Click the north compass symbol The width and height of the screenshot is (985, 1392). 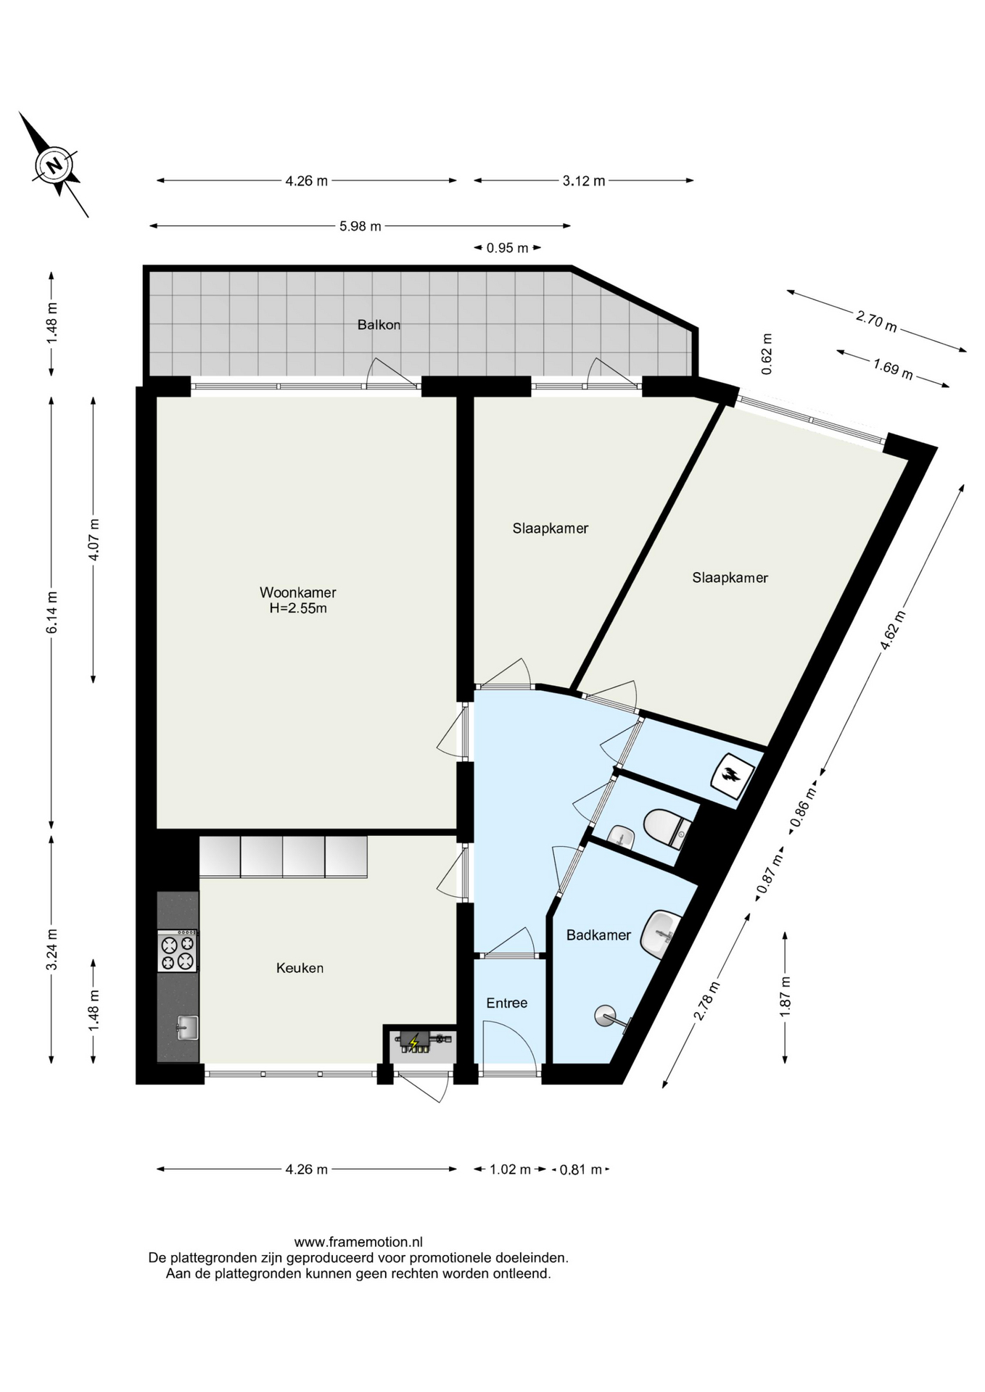pos(54,165)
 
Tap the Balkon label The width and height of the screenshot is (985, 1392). pos(379,325)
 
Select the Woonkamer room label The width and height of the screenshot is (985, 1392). pos(298,592)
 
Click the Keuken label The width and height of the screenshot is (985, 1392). pos(300,968)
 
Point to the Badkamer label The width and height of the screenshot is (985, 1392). pos(598,935)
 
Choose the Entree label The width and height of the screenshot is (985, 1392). pos(507,1003)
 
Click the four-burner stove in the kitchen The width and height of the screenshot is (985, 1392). pos(178,951)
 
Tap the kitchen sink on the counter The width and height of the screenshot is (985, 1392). pos(187,1027)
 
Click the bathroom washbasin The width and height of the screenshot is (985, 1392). pos(662,935)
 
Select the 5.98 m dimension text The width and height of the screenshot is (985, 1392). pos(360,226)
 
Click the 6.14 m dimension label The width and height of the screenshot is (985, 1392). pos(52,613)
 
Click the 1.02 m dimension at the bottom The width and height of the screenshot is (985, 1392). pos(510,1169)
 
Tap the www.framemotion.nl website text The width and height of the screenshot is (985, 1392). pos(358,1243)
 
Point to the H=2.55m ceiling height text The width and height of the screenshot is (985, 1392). pos(298,608)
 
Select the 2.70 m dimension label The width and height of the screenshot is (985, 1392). pos(877,320)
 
